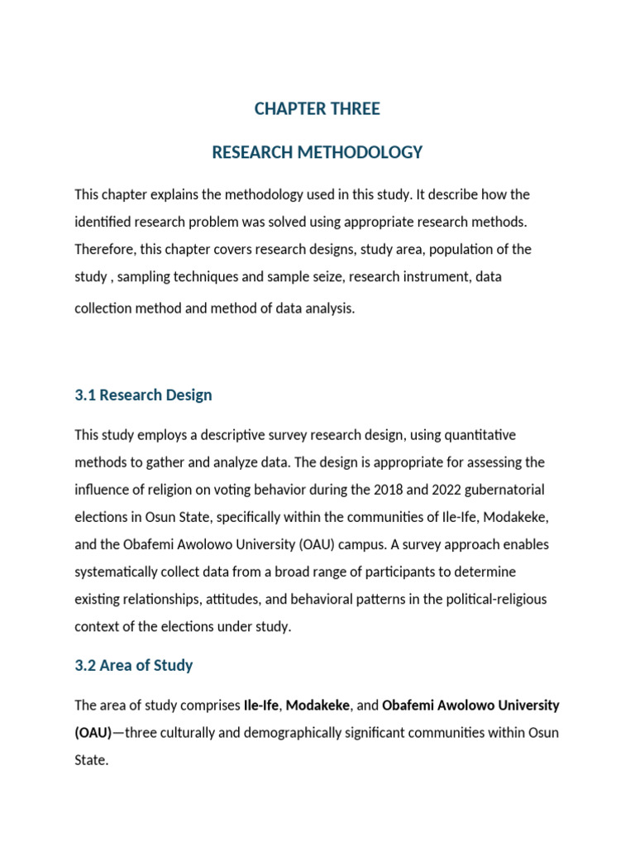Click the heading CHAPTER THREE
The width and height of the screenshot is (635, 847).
pos(317,108)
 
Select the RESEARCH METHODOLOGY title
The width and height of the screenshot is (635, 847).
pos(317,152)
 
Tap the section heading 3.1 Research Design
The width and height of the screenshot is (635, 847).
pos(143,395)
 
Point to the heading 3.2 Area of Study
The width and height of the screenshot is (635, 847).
pos(134,665)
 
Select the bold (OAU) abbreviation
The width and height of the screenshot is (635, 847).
pos(93,733)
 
